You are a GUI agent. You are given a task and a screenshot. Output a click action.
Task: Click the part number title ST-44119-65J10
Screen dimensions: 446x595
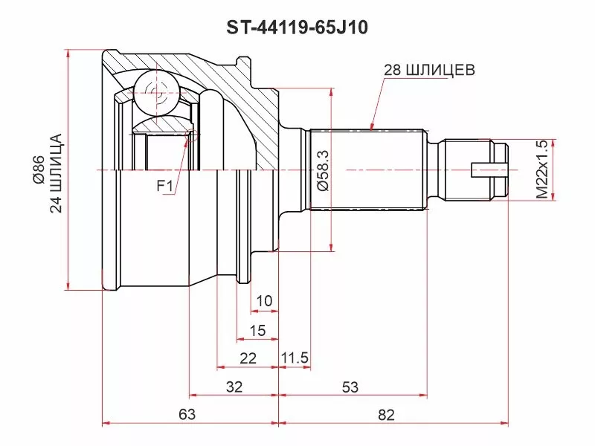297,28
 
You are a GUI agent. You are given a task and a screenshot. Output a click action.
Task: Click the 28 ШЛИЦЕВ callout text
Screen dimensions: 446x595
428,71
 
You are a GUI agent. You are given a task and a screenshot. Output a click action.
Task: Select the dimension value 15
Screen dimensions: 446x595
257,330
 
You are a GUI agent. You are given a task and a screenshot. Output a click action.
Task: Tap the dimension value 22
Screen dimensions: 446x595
248,358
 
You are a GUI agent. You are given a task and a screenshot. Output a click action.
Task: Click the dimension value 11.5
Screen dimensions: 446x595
295,358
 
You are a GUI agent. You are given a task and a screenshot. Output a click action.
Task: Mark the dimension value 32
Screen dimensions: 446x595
234,387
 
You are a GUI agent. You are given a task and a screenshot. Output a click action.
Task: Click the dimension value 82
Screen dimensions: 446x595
386,415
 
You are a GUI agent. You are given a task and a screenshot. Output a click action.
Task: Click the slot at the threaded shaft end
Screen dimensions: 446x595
491,170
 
